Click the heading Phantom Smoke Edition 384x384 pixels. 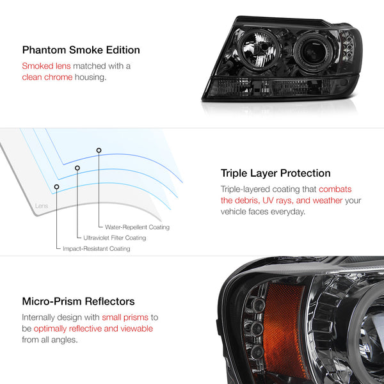point(81,50)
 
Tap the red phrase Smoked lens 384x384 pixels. point(46,66)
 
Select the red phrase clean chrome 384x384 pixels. point(47,77)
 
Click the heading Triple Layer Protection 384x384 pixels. point(275,173)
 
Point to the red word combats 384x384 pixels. point(335,189)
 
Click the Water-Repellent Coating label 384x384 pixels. point(137,227)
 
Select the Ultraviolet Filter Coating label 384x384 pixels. point(115,238)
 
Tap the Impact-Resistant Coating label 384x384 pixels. point(97,248)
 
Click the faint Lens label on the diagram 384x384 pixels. point(42,205)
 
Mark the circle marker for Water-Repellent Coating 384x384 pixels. point(99,150)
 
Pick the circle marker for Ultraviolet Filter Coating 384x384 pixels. point(77,168)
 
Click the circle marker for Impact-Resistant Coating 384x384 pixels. point(56,187)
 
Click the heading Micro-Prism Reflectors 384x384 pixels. point(78,301)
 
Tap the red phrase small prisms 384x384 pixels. point(125,317)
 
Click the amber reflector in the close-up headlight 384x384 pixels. point(284,331)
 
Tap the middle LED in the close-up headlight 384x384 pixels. point(257,328)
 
